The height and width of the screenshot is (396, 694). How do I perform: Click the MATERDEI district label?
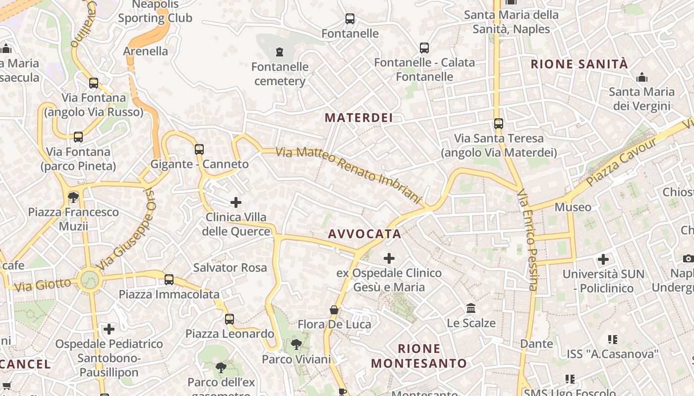[x=358, y=118]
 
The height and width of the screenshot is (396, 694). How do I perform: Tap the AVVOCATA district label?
[x=364, y=234]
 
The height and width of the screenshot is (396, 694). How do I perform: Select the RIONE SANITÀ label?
[x=579, y=64]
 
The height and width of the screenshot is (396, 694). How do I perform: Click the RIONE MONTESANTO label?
[x=419, y=356]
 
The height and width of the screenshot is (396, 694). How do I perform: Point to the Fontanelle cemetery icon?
[x=280, y=51]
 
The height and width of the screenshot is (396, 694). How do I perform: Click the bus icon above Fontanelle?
[x=350, y=19]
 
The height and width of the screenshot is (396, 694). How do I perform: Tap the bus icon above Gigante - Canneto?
[x=199, y=149]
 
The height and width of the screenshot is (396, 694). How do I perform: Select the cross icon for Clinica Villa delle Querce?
[x=236, y=202]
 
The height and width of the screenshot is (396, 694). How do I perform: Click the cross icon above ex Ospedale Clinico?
[x=389, y=258]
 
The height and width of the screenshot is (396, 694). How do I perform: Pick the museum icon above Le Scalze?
[x=471, y=308]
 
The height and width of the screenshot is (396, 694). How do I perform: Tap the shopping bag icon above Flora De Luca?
[x=334, y=310]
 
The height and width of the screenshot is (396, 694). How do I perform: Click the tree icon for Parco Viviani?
[x=296, y=344]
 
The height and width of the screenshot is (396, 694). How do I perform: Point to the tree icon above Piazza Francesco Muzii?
[x=73, y=198]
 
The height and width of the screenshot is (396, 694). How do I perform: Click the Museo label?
[x=573, y=207]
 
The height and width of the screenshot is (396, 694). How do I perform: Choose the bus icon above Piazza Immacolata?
[x=169, y=280]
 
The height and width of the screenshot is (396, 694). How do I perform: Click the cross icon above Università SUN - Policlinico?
[x=603, y=259]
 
